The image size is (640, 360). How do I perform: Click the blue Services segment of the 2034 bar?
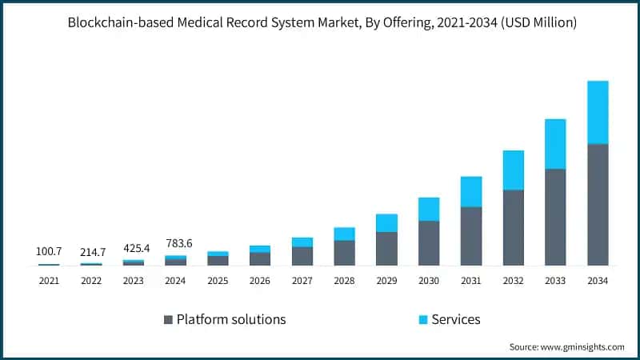[598, 112]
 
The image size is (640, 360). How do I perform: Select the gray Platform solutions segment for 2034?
[598, 204]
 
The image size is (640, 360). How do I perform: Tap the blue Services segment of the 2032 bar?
[513, 170]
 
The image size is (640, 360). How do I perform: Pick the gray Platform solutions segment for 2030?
[429, 242]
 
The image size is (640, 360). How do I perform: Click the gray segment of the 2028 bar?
[344, 252]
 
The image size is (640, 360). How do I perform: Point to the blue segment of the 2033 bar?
[555, 144]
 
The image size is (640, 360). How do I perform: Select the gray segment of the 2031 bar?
[471, 236]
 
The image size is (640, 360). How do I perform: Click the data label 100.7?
[49, 252]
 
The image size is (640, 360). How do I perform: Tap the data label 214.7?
[92, 252]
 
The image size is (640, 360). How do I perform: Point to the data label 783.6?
[175, 242]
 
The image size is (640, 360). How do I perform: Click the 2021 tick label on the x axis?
[49, 281]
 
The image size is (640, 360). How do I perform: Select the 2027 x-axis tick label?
[302, 281]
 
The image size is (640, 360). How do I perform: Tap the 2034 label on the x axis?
[598, 281]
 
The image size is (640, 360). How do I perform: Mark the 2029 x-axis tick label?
[386, 281]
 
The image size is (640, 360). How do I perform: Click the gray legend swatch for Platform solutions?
[168, 320]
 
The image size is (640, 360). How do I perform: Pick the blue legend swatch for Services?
[422, 320]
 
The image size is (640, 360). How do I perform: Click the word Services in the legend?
[456, 319]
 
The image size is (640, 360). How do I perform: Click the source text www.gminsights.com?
[582, 346]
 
